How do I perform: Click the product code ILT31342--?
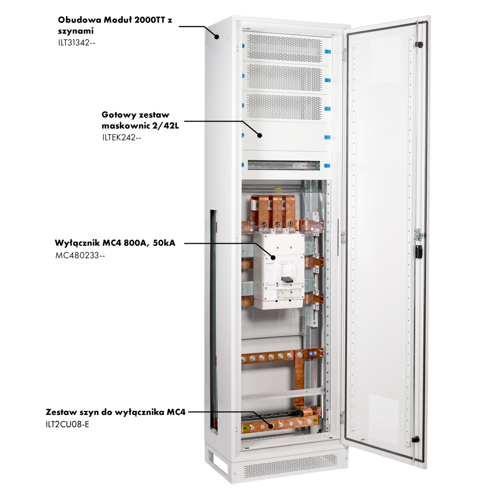pyautogui.click(x=77, y=42)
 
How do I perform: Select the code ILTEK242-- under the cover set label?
pyautogui.click(x=122, y=137)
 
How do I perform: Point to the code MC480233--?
pyautogui.click(x=80, y=255)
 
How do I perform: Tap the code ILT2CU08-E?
pyautogui.click(x=67, y=424)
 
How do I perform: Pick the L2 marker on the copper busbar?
pyautogui.click(x=277, y=224)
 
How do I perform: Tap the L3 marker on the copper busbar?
pyautogui.click(x=291, y=224)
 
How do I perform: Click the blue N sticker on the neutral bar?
pyautogui.click(x=311, y=353)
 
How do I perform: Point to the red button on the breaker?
pyautogui.click(x=292, y=293)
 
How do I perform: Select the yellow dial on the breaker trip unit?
pyautogui.click(x=282, y=293)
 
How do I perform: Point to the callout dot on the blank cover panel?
pyautogui.click(x=260, y=135)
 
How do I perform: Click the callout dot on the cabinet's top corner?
pyautogui.click(x=217, y=37)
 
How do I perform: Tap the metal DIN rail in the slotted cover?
pyautogui.click(x=283, y=165)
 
